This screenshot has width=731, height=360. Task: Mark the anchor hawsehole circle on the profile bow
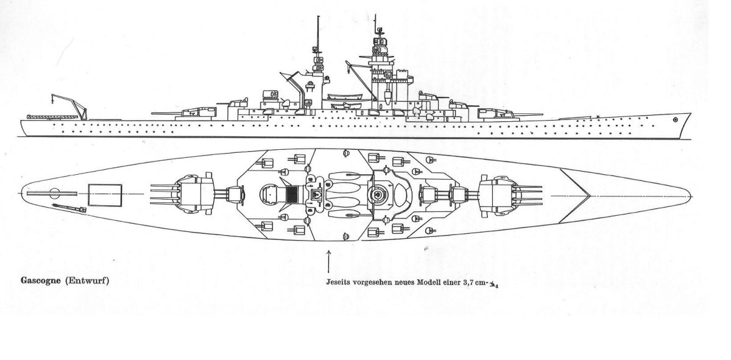[675, 120]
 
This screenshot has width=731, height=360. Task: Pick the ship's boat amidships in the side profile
[341, 97]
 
